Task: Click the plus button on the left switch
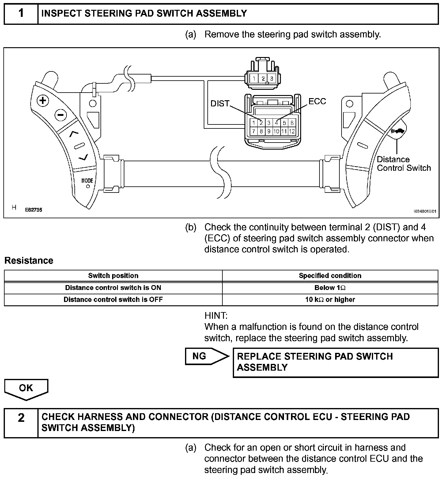click(x=43, y=101)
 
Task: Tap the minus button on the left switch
click(x=61, y=115)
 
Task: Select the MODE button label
click(x=87, y=181)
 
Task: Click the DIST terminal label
click(x=220, y=104)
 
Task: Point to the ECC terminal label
click(x=317, y=101)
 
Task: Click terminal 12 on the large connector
click(x=292, y=132)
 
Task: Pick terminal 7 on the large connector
click(x=254, y=132)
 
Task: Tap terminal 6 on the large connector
click(x=292, y=123)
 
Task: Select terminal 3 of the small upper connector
click(x=271, y=78)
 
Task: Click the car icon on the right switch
click(x=399, y=131)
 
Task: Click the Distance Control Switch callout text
click(x=403, y=164)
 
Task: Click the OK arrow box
click(x=26, y=388)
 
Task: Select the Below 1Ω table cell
click(x=330, y=288)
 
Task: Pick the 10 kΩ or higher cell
click(x=330, y=300)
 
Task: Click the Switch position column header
click(x=113, y=276)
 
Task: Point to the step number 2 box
click(x=21, y=418)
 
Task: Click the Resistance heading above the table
click(x=29, y=261)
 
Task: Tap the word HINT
click(x=216, y=315)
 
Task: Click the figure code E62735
click(x=33, y=210)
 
